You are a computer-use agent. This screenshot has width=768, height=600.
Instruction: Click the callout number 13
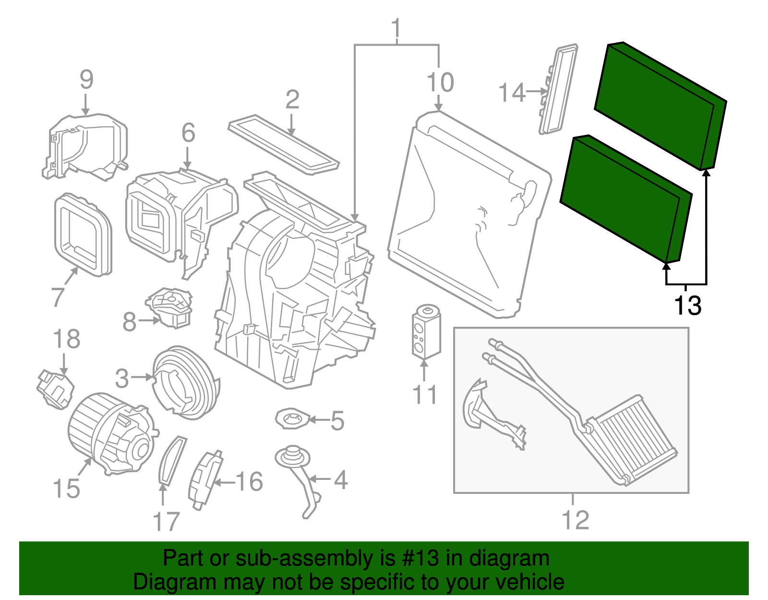pos(687,305)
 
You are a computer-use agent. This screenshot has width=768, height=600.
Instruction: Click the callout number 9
pos(86,80)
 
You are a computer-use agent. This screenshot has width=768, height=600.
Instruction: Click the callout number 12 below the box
pos(575,520)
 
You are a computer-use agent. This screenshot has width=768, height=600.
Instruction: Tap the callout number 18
pos(66,339)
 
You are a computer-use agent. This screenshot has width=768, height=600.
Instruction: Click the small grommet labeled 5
pos(292,419)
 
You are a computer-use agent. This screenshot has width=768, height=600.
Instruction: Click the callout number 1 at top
pos(396,29)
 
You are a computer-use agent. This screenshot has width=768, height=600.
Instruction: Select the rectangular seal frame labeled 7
pos(83,235)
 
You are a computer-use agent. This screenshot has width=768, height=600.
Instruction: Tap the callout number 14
pos(512,92)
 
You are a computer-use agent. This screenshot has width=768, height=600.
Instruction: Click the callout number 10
pos(440,83)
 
